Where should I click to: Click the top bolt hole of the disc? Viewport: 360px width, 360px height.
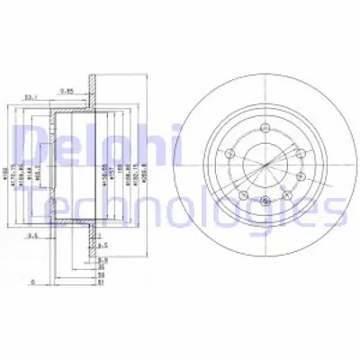265,128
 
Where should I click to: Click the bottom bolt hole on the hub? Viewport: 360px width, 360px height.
265,201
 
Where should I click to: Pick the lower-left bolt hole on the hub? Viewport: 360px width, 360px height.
243,194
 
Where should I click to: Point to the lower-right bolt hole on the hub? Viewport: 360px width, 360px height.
287,194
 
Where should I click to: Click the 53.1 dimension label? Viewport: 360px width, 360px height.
31,97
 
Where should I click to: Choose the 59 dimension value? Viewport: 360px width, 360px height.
101,274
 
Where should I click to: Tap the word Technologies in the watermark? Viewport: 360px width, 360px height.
180,209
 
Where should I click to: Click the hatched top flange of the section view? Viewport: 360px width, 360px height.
93,90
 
